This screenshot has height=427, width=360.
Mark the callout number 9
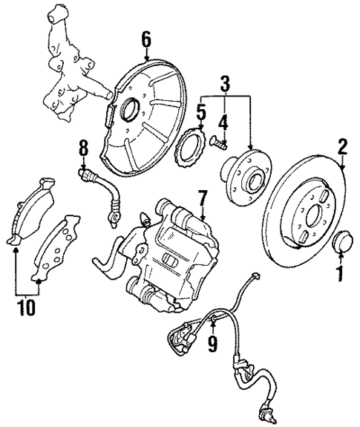(x=213, y=342)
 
